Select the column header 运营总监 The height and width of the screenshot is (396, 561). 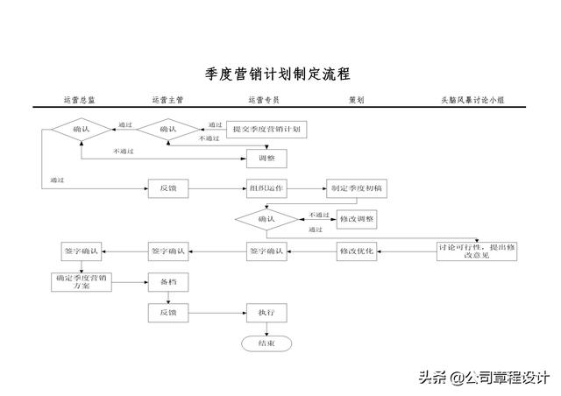pyautogui.click(x=80, y=101)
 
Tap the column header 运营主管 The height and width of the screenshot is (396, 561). pyautogui.click(x=167, y=101)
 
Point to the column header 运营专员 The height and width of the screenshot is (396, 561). pyautogui.click(x=264, y=101)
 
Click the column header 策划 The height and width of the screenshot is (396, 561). pyautogui.click(x=356, y=101)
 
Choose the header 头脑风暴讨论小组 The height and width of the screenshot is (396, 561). pyautogui.click(x=472, y=101)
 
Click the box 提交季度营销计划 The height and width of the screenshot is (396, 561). pyautogui.click(x=266, y=130)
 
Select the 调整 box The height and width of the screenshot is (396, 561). pyautogui.click(x=266, y=159)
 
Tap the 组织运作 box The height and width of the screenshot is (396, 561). pyautogui.click(x=266, y=188)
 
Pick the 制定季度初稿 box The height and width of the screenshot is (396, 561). pyautogui.click(x=356, y=188)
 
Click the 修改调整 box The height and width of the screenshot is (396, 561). pyautogui.click(x=356, y=218)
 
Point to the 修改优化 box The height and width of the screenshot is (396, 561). pyautogui.click(x=356, y=251)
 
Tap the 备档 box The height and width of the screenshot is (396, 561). pyautogui.click(x=167, y=282)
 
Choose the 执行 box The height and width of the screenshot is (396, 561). pyautogui.click(x=266, y=313)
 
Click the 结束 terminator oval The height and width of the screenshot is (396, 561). pyautogui.click(x=266, y=343)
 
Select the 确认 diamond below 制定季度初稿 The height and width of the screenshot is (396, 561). pyautogui.click(x=266, y=218)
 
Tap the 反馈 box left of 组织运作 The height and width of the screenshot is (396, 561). pyautogui.click(x=167, y=188)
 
